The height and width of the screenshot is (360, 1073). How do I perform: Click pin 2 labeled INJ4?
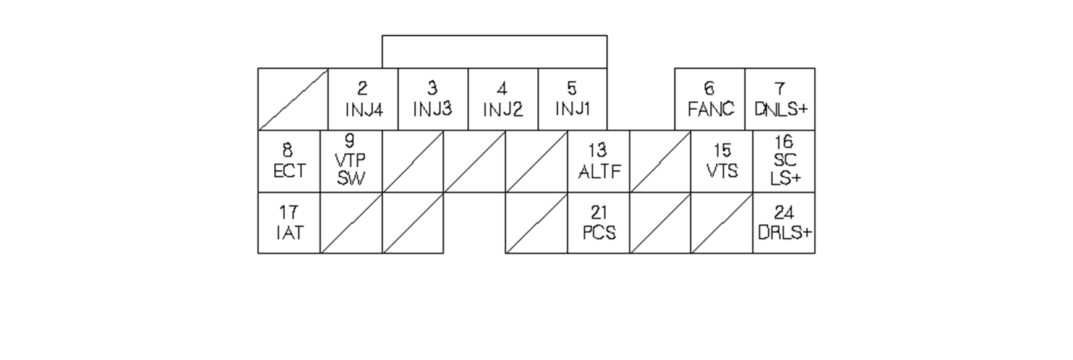tap(363, 99)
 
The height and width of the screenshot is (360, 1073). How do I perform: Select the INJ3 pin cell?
tap(432, 99)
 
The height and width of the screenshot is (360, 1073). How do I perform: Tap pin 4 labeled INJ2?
tap(503, 99)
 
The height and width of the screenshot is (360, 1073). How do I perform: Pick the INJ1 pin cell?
tap(572, 99)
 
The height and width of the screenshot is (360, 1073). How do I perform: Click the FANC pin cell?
tap(710, 99)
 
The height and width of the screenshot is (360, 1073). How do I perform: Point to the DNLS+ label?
tap(780, 109)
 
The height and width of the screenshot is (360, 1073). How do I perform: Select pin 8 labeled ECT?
tap(288, 161)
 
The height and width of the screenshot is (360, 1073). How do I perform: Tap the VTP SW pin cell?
tap(351, 161)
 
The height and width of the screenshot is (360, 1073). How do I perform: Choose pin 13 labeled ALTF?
tap(599, 161)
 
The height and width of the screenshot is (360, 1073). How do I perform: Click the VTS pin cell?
tap(722, 161)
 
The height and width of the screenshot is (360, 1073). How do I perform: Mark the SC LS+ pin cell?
tap(784, 161)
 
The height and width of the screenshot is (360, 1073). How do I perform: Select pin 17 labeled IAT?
tap(288, 223)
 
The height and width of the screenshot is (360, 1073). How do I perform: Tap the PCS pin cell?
tap(599, 223)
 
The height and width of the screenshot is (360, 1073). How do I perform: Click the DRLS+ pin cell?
tap(784, 223)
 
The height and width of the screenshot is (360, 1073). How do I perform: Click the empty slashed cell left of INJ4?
tap(293, 99)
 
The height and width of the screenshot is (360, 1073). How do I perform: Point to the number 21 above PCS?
tap(599, 213)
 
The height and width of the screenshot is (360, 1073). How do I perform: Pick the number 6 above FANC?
tap(709, 89)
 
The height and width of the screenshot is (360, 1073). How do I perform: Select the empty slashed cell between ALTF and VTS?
tap(660, 161)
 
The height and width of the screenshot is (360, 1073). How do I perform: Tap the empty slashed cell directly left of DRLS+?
tap(722, 223)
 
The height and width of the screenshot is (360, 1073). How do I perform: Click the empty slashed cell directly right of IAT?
tap(351, 223)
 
